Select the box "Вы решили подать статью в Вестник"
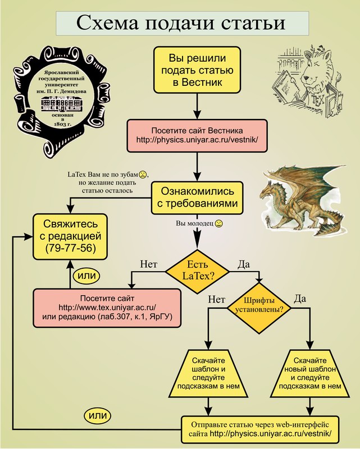point(194,70)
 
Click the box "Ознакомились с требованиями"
point(199,196)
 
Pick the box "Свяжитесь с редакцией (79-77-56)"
point(69,236)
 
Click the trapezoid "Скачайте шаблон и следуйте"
point(209,372)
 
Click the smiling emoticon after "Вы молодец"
point(219,223)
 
